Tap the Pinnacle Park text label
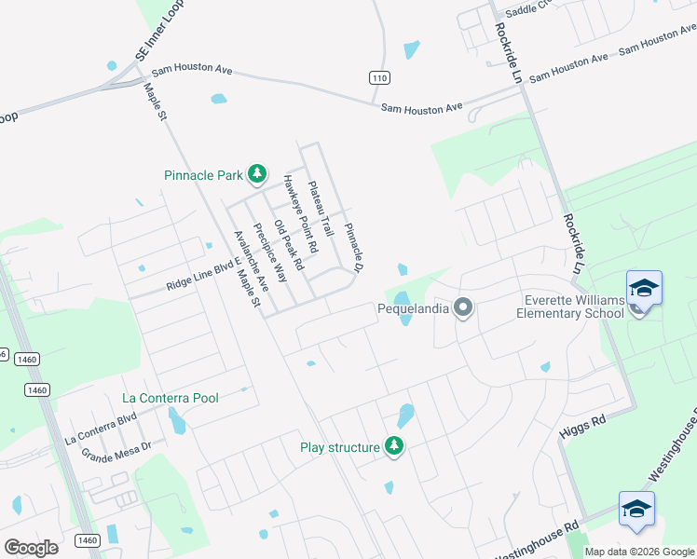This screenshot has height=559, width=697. (x=203, y=174)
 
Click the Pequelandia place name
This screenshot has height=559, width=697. (x=414, y=307)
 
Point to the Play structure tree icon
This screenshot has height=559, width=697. (x=394, y=447)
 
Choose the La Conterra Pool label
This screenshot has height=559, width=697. (x=171, y=398)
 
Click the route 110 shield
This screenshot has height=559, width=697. (x=377, y=77)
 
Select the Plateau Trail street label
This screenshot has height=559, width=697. (x=320, y=208)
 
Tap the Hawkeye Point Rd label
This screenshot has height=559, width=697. (x=301, y=214)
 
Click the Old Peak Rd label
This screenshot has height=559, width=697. (x=289, y=244)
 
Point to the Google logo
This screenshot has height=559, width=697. (x=31, y=547)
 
